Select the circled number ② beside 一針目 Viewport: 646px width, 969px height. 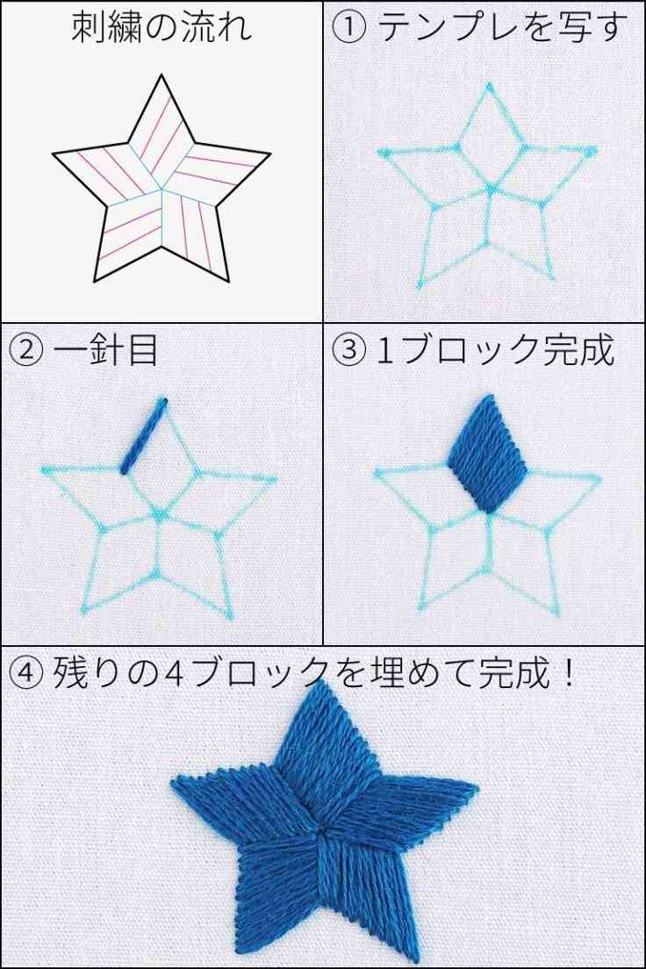click(26, 351)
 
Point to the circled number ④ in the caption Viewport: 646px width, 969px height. click(26, 674)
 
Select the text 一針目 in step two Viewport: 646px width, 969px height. click(105, 351)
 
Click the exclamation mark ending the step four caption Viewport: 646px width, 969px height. click(568, 674)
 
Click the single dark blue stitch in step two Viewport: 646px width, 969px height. click(144, 436)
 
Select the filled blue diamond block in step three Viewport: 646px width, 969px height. click(486, 453)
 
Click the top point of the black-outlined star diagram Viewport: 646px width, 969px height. click(161, 76)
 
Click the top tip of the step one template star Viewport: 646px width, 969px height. click(488, 86)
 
